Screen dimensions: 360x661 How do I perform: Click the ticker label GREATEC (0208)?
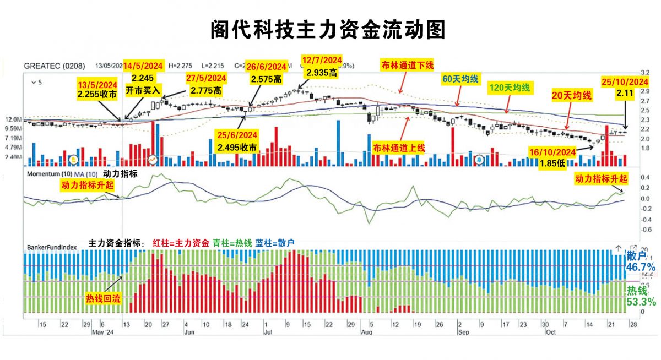pyautogui.click(x=55, y=66)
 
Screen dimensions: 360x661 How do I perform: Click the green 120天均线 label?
pyautogui.click(x=510, y=87)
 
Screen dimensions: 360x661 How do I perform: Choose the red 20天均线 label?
pyautogui.click(x=572, y=95)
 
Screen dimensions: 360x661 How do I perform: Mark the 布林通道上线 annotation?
pyautogui.click(x=399, y=148)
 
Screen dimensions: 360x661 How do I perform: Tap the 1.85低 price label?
pyautogui.click(x=552, y=163)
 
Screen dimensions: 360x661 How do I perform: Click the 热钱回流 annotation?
pyautogui.click(x=102, y=298)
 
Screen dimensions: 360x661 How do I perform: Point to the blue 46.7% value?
pyautogui.click(x=641, y=268)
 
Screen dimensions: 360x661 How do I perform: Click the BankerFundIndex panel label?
pyautogui.click(x=50, y=248)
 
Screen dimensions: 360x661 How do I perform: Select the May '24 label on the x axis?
pyautogui.click(x=102, y=332)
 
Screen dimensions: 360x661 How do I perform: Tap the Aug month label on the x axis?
pyautogui.click(x=367, y=332)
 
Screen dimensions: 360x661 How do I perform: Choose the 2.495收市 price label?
pyautogui.click(x=237, y=148)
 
